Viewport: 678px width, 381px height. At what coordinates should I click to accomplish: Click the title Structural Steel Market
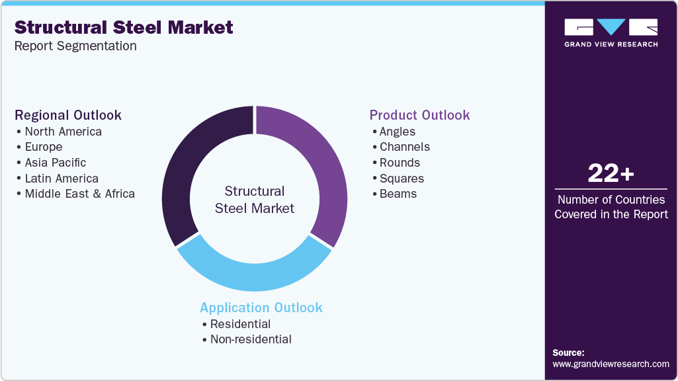(124, 27)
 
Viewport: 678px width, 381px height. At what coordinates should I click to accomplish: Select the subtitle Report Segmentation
(75, 46)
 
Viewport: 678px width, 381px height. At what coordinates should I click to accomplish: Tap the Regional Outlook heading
(68, 115)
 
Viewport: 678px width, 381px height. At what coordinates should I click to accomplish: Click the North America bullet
(63, 132)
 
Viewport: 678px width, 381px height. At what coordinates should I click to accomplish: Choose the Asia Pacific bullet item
(55, 163)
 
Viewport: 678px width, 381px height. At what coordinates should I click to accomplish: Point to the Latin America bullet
(62, 179)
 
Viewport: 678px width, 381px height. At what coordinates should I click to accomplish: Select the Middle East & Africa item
(79, 194)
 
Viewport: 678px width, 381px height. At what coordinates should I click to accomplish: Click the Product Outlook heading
(419, 115)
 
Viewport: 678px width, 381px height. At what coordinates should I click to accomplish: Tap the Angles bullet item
(397, 132)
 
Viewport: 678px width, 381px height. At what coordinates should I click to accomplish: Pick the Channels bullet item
(404, 147)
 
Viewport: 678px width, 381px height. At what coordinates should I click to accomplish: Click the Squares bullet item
(402, 179)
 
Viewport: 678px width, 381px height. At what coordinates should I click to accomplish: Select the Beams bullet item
(398, 194)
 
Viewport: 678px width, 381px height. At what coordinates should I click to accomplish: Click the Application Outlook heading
(261, 308)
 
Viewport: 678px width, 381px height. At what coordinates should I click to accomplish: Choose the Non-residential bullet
(250, 339)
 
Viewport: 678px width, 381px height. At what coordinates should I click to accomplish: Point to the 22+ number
(611, 174)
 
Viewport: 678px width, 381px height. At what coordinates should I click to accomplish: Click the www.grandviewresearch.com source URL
(611, 364)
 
